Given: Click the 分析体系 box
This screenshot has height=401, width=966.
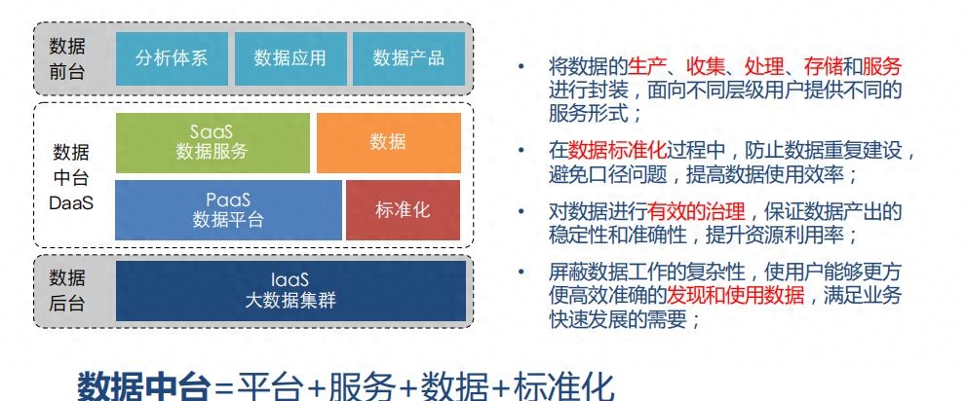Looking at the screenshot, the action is (172, 58).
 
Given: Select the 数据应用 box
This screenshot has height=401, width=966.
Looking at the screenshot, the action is (290, 58).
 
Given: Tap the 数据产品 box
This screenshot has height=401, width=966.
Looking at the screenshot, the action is (408, 58).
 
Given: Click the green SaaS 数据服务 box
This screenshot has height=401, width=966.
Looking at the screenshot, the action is (213, 143).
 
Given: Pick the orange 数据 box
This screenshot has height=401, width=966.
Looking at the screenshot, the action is (389, 143).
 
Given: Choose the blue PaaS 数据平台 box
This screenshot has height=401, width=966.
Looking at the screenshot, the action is (228, 209).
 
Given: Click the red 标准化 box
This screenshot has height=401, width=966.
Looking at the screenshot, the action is (403, 209).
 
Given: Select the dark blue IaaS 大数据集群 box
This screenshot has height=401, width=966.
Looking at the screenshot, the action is (290, 290).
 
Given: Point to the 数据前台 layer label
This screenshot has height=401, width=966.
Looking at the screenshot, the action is (67, 59).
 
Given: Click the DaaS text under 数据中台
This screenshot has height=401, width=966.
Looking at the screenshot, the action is (71, 203).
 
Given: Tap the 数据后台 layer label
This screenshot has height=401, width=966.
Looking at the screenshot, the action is (67, 290).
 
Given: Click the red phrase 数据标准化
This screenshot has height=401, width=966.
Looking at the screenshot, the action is (617, 151).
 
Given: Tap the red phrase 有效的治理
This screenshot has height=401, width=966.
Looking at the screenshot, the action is (696, 212).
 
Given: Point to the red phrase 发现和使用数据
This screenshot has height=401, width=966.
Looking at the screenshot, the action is (736, 296).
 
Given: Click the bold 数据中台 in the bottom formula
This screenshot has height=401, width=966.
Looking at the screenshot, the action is (143, 386).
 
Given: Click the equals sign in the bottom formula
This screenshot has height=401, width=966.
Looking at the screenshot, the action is (224, 388).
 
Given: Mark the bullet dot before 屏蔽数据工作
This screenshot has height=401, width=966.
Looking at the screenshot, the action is (522, 272).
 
